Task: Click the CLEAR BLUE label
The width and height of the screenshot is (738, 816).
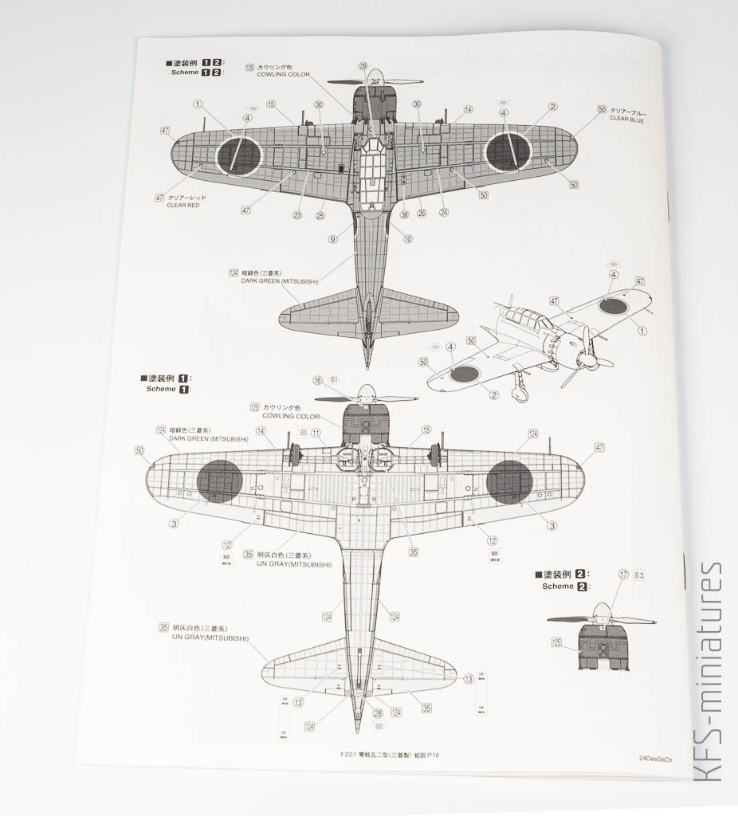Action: [x=626, y=120]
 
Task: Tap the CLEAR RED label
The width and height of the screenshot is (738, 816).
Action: [x=183, y=206]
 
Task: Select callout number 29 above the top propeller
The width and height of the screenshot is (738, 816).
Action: [x=363, y=66]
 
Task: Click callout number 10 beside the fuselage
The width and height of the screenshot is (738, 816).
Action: [x=408, y=238]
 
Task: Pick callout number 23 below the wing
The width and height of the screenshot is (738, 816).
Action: [x=297, y=214]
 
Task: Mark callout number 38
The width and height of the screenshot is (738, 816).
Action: [x=404, y=214]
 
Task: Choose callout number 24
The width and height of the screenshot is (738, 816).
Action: [x=444, y=213]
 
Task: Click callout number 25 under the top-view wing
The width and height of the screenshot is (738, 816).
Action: [x=320, y=214]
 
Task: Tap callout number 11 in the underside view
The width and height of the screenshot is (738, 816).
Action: [x=316, y=433]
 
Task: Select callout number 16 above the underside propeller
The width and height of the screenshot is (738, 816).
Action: [x=318, y=380]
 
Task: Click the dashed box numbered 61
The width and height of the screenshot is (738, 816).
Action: [x=333, y=380]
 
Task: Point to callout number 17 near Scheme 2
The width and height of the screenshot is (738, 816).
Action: [x=623, y=573]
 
